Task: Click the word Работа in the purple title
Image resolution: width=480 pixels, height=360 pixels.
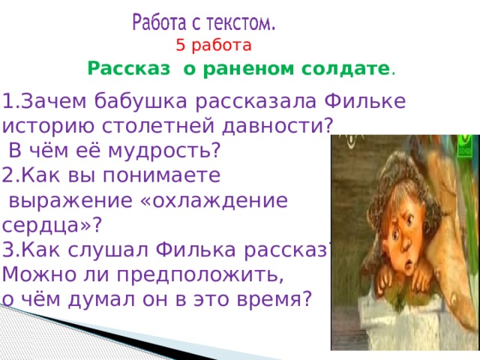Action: click(159, 22)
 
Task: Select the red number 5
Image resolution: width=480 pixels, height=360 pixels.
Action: click(181, 45)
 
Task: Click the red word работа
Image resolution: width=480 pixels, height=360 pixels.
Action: click(222, 46)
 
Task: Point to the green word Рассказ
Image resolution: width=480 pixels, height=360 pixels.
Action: click(129, 68)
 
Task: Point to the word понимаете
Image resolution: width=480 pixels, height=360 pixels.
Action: click(161, 175)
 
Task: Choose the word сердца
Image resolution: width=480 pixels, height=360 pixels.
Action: click(46, 226)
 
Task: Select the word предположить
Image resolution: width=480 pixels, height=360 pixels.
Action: click(200, 275)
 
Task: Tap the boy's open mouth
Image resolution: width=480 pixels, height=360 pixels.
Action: click(409, 265)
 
